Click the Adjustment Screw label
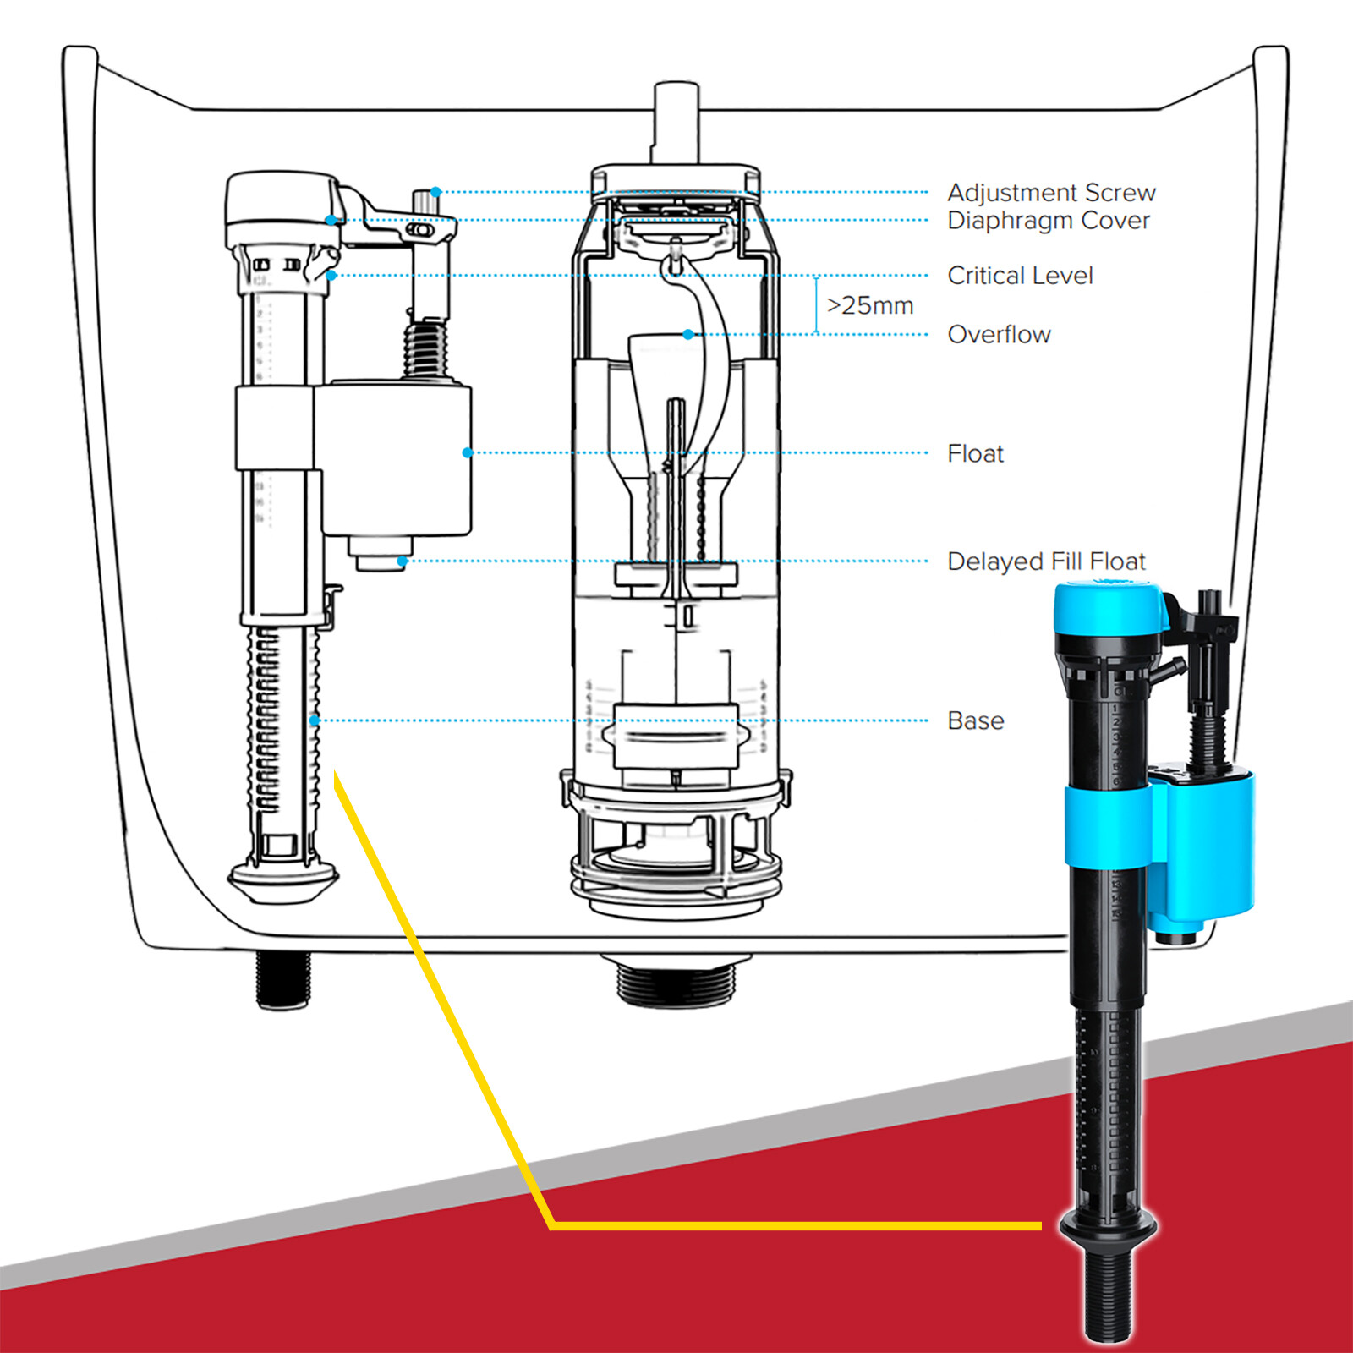[x=1050, y=193]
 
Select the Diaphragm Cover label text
[x=1048, y=221]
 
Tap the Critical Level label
[x=1020, y=276]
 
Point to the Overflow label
[x=999, y=335]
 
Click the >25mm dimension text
[x=869, y=305]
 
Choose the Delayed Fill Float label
[x=1045, y=561]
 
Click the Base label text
[x=975, y=720]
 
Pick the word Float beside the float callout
[x=975, y=454]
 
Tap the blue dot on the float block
[x=467, y=453]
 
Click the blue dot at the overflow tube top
[x=688, y=335]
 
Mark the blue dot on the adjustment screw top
[x=435, y=192]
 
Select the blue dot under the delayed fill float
[x=403, y=561]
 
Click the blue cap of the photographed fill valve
[x=1108, y=609]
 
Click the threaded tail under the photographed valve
[x=1108, y=1294]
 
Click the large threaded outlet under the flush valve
[x=676, y=981]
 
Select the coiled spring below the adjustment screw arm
[x=425, y=348]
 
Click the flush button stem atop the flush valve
[x=676, y=118]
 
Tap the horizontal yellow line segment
[x=795, y=1225]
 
